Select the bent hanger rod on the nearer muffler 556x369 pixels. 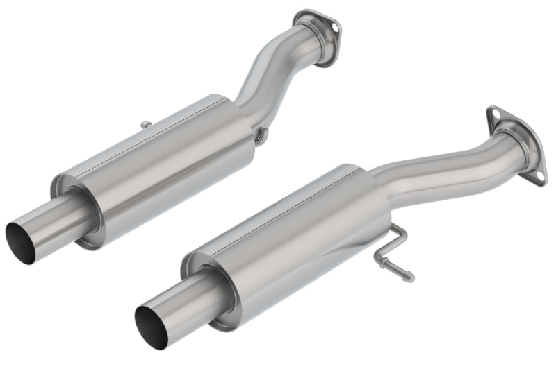click(x=395, y=252)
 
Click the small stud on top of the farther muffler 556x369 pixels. click(x=147, y=125)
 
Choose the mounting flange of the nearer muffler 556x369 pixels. click(x=518, y=142)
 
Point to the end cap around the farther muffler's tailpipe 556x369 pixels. click(x=76, y=208)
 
